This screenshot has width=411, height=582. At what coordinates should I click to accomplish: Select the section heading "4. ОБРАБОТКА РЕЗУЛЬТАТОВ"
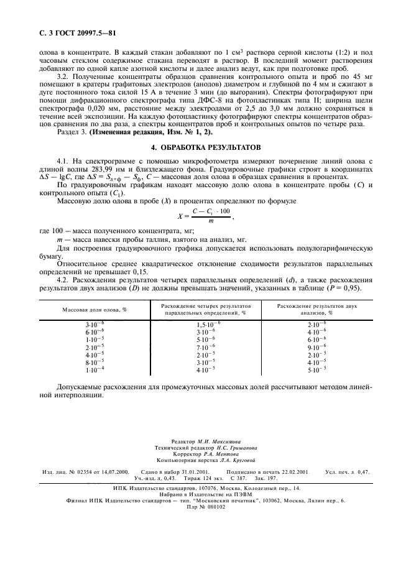(x=205, y=147)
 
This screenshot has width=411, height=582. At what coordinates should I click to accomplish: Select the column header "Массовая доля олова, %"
(x=95, y=309)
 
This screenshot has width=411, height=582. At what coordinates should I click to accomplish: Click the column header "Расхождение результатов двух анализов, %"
(x=317, y=309)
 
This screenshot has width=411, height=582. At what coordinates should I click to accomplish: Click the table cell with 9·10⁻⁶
(x=317, y=346)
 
